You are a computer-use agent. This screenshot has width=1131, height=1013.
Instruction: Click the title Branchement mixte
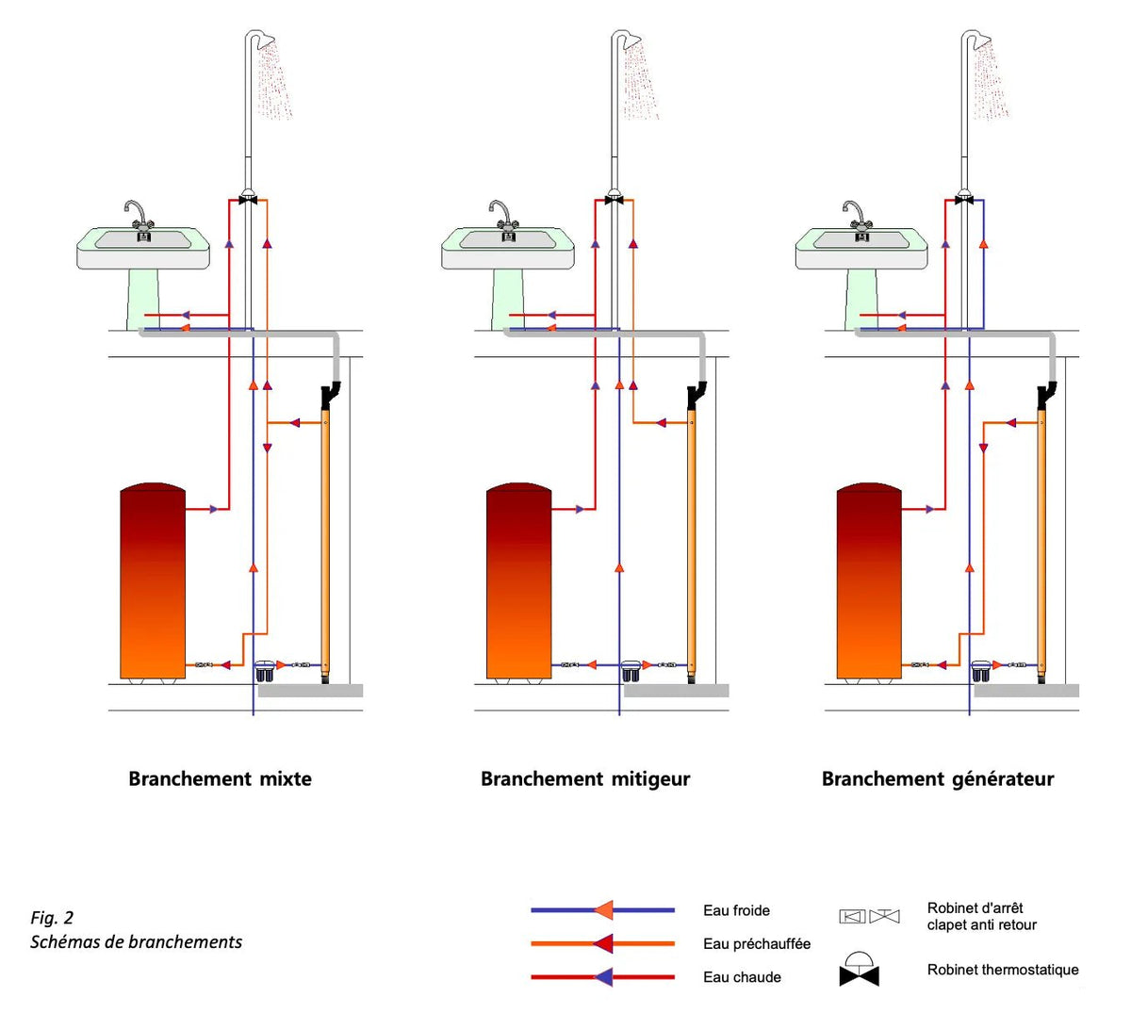pyautogui.click(x=220, y=778)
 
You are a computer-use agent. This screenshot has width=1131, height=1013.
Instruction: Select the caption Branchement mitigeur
pyautogui.click(x=585, y=779)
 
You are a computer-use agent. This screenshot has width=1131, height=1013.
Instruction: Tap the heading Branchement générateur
pyautogui.click(x=938, y=779)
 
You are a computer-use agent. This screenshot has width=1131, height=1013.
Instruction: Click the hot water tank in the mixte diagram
pyautogui.click(x=153, y=581)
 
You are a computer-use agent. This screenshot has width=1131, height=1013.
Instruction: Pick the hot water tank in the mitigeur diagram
pyautogui.click(x=518, y=581)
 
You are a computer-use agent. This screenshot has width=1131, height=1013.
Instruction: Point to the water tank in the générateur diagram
pyautogui.click(x=869, y=581)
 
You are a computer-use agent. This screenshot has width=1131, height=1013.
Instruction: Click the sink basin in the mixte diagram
pyautogui.click(x=143, y=248)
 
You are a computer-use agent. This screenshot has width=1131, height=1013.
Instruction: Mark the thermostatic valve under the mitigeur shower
pyautogui.click(x=615, y=198)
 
